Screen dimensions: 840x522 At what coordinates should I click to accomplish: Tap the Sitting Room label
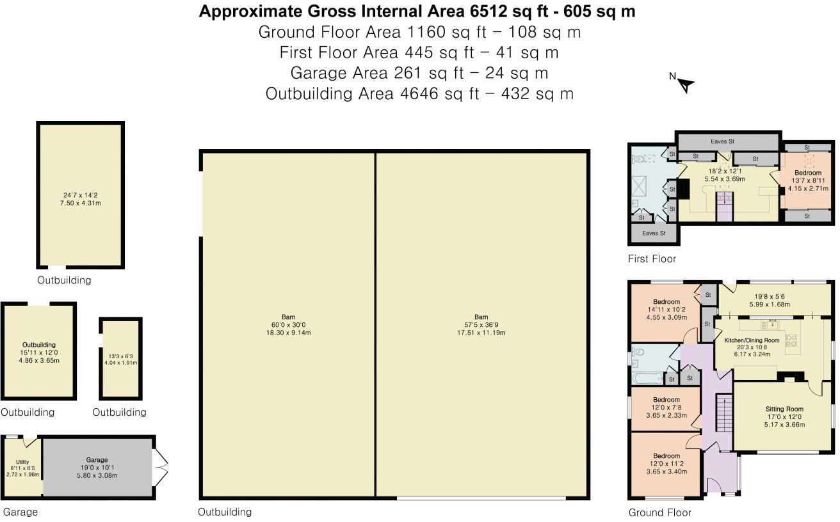(x=784, y=409)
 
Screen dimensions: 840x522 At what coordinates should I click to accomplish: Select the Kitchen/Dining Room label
(x=752, y=340)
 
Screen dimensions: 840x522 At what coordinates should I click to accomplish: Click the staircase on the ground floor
(x=725, y=413)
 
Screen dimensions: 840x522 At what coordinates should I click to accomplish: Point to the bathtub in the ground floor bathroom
(x=648, y=377)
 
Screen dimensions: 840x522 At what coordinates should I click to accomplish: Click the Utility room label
(x=22, y=462)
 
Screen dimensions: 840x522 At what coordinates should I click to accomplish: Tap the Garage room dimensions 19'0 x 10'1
(x=97, y=467)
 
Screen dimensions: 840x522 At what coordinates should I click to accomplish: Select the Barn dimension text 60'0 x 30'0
(x=288, y=325)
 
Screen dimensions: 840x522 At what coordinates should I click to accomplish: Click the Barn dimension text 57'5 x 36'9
(x=481, y=325)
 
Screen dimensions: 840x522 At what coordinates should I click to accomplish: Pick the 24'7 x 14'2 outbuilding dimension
(x=81, y=195)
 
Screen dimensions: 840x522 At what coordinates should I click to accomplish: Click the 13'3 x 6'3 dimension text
(x=121, y=356)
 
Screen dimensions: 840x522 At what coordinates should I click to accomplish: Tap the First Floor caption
(x=652, y=258)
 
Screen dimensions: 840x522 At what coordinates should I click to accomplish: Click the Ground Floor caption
(x=659, y=512)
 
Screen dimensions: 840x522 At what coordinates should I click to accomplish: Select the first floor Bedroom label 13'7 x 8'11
(x=808, y=173)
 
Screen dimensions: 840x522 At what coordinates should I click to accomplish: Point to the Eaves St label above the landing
(x=722, y=141)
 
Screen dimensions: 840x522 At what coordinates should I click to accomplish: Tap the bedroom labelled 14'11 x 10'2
(x=666, y=302)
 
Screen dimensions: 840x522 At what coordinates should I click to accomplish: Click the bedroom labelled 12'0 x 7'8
(x=666, y=399)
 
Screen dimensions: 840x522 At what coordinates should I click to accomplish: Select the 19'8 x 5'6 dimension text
(x=770, y=296)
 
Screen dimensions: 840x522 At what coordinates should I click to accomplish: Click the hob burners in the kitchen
(x=791, y=340)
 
